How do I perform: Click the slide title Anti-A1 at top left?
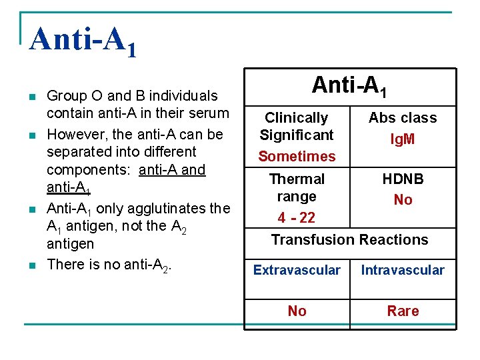[x=83, y=41]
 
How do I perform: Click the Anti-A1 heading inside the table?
[x=349, y=85]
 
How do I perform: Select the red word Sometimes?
[x=297, y=156]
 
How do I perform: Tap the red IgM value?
[x=403, y=139]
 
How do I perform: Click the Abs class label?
[x=403, y=118]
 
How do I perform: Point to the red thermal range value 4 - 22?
[x=297, y=218]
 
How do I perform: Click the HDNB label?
[x=403, y=179]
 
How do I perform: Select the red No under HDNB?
[x=403, y=200]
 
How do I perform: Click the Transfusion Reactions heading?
[x=349, y=239]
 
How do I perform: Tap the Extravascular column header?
[x=297, y=270]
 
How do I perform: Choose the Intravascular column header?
[x=403, y=270]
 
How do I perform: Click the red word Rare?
[x=403, y=311]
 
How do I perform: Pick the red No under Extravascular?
[x=297, y=311]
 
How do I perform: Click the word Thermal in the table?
[x=297, y=179]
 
